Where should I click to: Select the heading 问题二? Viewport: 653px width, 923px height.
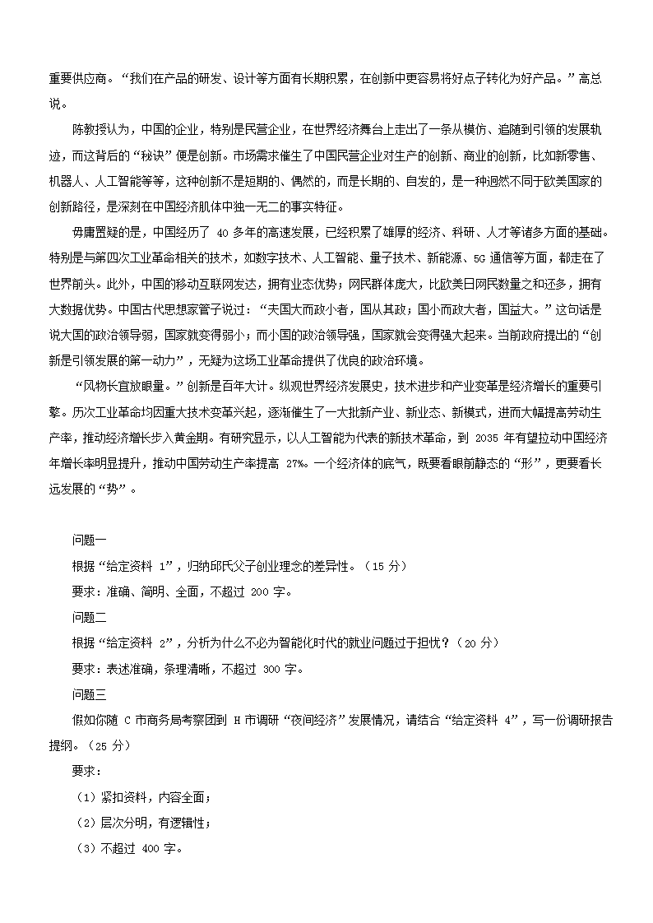(90, 617)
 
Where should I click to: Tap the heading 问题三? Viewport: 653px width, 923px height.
(90, 693)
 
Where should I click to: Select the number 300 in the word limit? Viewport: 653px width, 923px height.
(274, 668)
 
